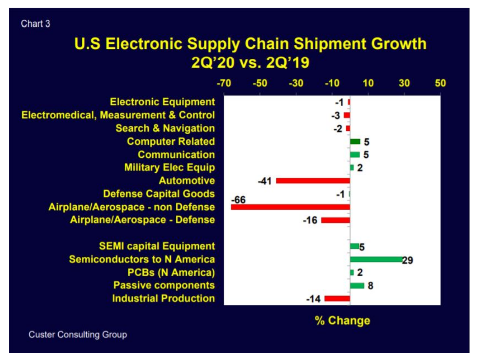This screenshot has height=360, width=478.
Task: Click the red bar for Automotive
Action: (313, 181)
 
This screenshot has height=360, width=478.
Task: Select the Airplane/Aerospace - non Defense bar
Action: (290, 207)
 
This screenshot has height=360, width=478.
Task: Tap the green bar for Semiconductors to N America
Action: (376, 259)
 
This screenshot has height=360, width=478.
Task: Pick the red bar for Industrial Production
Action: (337, 298)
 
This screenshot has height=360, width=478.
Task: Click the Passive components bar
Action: (357, 286)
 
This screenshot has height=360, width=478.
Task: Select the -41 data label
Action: (265, 181)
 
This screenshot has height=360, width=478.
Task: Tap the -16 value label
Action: (310, 220)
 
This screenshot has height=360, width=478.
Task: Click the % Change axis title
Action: (343, 320)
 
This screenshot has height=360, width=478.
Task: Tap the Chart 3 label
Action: (35, 24)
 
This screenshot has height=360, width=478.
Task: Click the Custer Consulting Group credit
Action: (78, 335)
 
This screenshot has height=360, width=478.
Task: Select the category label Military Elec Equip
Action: (169, 168)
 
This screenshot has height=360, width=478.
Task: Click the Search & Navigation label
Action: (165, 128)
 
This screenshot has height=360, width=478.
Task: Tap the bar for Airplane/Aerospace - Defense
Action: (335, 220)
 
